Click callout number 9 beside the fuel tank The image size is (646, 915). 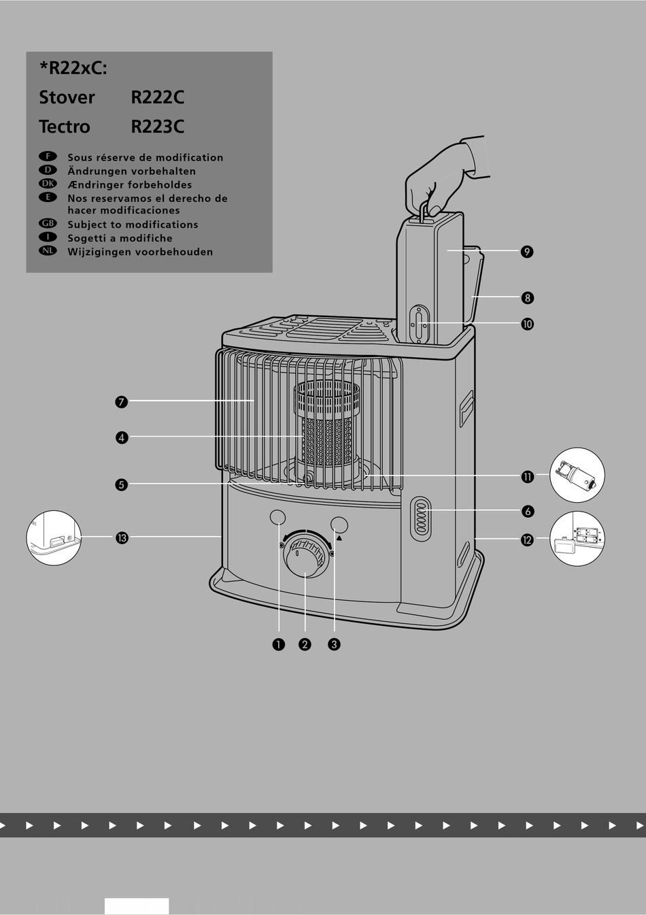527,252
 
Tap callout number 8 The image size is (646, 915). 527,298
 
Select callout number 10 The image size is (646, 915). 527,324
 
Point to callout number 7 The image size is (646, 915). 121,402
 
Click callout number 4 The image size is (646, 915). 121,437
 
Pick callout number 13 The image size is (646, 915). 121,538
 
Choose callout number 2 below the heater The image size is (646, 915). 305,644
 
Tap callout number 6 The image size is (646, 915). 527,511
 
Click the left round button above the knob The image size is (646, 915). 277,518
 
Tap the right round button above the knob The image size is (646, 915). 339,525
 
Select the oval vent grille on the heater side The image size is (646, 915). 421,519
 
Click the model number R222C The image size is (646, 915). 157,97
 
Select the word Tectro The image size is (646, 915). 65,127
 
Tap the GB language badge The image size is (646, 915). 48,224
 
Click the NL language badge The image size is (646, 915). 48,251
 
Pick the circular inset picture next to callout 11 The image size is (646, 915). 577,475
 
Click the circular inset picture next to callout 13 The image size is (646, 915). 54,538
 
